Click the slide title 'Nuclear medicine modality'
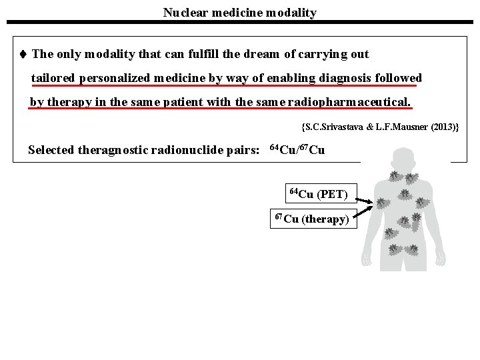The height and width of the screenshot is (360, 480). (x=240, y=12)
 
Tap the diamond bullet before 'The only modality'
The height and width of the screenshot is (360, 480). (x=23, y=54)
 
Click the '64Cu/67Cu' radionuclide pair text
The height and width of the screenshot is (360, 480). (x=297, y=149)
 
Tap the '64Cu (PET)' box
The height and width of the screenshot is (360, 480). (x=319, y=194)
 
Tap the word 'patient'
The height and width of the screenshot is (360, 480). (x=197, y=103)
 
